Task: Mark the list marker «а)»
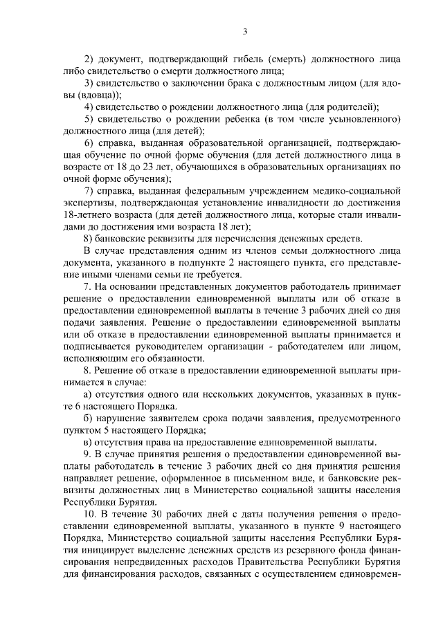[x=87, y=393]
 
